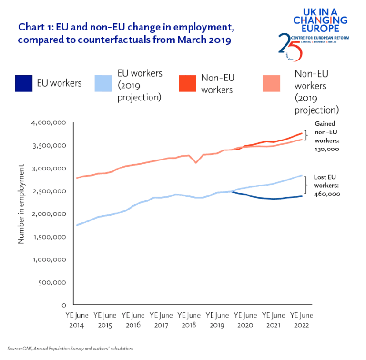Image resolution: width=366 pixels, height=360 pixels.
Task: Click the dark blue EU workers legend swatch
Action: click(24, 83)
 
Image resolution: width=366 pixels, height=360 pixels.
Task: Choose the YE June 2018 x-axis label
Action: click(189, 320)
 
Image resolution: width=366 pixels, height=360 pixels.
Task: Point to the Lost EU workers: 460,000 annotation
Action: click(326, 185)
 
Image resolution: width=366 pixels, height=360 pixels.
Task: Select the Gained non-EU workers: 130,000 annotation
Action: click(326, 136)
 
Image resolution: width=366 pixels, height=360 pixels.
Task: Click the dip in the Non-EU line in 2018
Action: click(196, 162)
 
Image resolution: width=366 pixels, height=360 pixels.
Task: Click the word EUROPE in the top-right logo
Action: click(320, 28)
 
